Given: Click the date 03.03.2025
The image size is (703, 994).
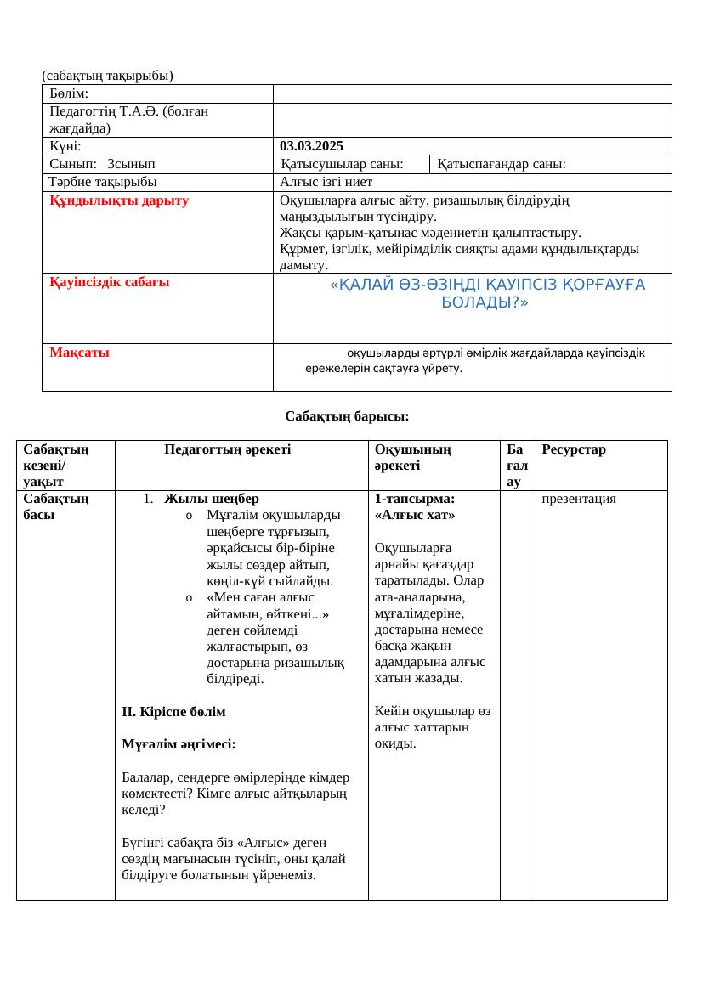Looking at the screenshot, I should coord(311,146).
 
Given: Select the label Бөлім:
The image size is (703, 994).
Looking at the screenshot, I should coord(70,93).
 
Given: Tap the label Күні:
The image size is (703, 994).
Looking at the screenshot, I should coord(65,146).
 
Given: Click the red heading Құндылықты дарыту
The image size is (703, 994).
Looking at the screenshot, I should coord(119,200).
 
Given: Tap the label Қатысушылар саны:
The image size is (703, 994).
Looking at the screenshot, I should coord(342,164).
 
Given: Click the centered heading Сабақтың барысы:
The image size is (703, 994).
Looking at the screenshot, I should coord(347,416).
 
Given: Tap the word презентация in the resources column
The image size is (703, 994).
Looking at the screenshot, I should coord(579,499).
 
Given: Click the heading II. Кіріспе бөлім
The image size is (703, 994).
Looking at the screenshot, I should coord(173,710).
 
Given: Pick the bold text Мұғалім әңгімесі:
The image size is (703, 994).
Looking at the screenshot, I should coord(179,743).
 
